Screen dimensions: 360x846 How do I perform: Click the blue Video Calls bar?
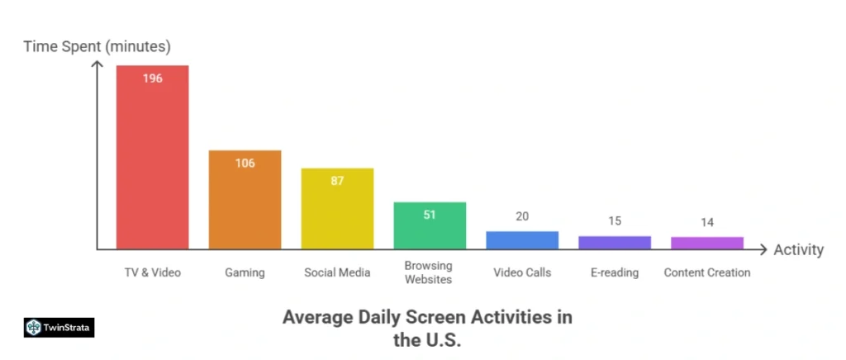click(522, 240)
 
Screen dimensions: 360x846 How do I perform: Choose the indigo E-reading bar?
click(615, 243)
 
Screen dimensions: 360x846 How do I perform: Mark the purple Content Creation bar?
click(707, 243)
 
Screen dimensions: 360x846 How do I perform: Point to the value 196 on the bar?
click(152, 78)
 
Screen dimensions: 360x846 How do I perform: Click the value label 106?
click(245, 163)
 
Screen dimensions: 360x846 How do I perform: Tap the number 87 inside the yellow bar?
click(337, 181)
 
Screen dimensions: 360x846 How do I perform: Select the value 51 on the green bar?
click(430, 215)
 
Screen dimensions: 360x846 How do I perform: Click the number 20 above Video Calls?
click(522, 216)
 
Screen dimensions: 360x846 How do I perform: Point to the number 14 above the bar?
click(707, 222)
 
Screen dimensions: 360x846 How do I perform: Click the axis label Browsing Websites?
click(429, 272)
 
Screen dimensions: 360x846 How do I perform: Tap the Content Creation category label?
click(707, 272)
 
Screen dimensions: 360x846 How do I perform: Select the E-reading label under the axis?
click(615, 272)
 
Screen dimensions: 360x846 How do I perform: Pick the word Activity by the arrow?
click(798, 249)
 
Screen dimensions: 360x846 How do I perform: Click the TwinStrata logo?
click(59, 327)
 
